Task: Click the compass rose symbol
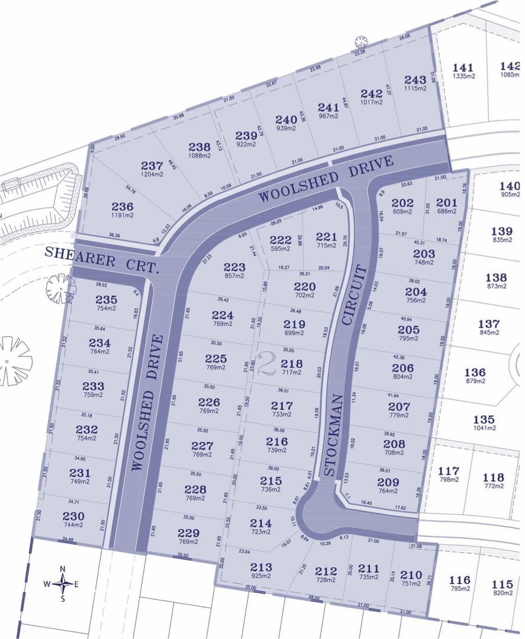tap(63, 583)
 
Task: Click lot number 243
tap(415, 79)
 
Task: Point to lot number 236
tap(123, 206)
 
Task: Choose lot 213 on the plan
tap(261, 566)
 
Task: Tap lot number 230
tap(73, 515)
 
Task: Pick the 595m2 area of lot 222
tap(281, 248)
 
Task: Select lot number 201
tap(447, 203)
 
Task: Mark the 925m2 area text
tap(261, 576)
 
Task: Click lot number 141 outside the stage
tap(463, 67)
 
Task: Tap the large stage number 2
tap(267, 363)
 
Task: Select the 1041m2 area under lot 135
tap(484, 428)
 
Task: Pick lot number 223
tap(234, 267)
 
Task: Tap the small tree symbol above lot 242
tap(360, 41)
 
